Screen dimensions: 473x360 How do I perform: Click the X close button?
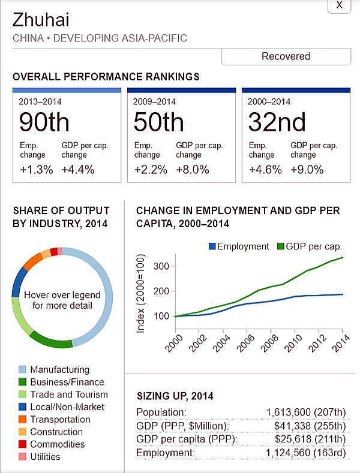click(339, 5)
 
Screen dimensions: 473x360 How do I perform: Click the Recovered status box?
click(286, 56)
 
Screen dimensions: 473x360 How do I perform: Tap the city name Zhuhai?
click(41, 20)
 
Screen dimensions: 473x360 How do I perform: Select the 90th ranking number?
click(44, 122)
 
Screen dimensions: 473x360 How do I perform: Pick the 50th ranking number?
click(158, 122)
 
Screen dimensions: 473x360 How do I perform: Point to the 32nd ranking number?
click(277, 122)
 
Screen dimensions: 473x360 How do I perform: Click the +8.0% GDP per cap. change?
click(193, 170)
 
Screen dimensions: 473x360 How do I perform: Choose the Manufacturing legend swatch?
click(22, 369)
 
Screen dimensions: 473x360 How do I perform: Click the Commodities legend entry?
click(57, 444)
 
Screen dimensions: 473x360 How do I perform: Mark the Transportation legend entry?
click(61, 419)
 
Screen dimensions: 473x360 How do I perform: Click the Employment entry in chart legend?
click(238, 246)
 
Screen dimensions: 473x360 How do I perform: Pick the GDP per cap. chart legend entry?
click(309, 246)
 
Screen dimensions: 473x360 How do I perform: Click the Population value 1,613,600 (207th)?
click(305, 412)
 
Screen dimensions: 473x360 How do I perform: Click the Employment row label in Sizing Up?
click(165, 452)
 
